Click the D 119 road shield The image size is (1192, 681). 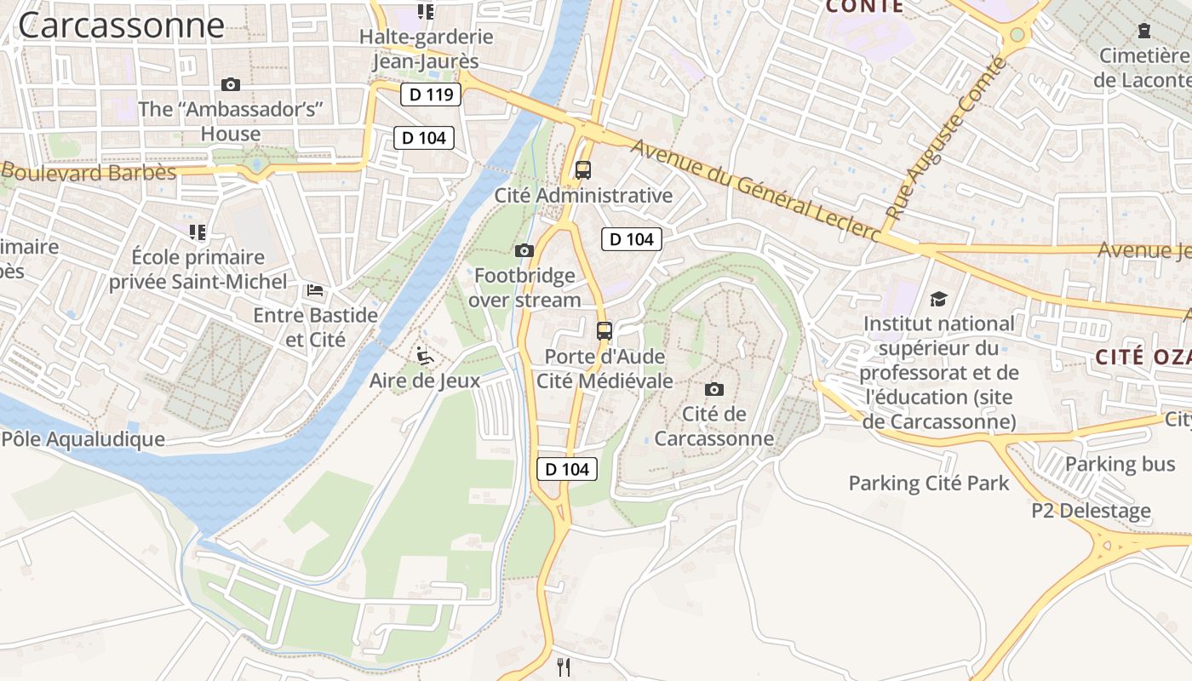point(431,94)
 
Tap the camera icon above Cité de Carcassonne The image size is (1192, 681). point(714,389)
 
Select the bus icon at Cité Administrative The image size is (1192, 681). point(583,169)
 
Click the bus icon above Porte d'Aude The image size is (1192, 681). point(605,330)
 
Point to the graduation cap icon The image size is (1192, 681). point(938,299)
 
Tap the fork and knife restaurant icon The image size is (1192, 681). point(563,667)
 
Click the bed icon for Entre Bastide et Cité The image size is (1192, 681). point(315,290)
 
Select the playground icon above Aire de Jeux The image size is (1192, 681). point(425,355)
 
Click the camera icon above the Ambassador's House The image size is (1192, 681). point(230,84)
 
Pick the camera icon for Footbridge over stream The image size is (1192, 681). point(524,250)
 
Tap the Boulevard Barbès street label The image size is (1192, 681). point(89,172)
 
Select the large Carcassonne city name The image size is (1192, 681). point(121,25)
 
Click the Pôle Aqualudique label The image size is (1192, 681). point(83,439)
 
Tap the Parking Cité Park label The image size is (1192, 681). point(929,484)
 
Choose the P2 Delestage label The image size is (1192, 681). point(1091,512)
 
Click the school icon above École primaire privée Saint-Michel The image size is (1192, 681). point(198,232)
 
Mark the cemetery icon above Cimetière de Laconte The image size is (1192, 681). point(1143,31)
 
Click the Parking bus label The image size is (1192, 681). point(1120,464)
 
